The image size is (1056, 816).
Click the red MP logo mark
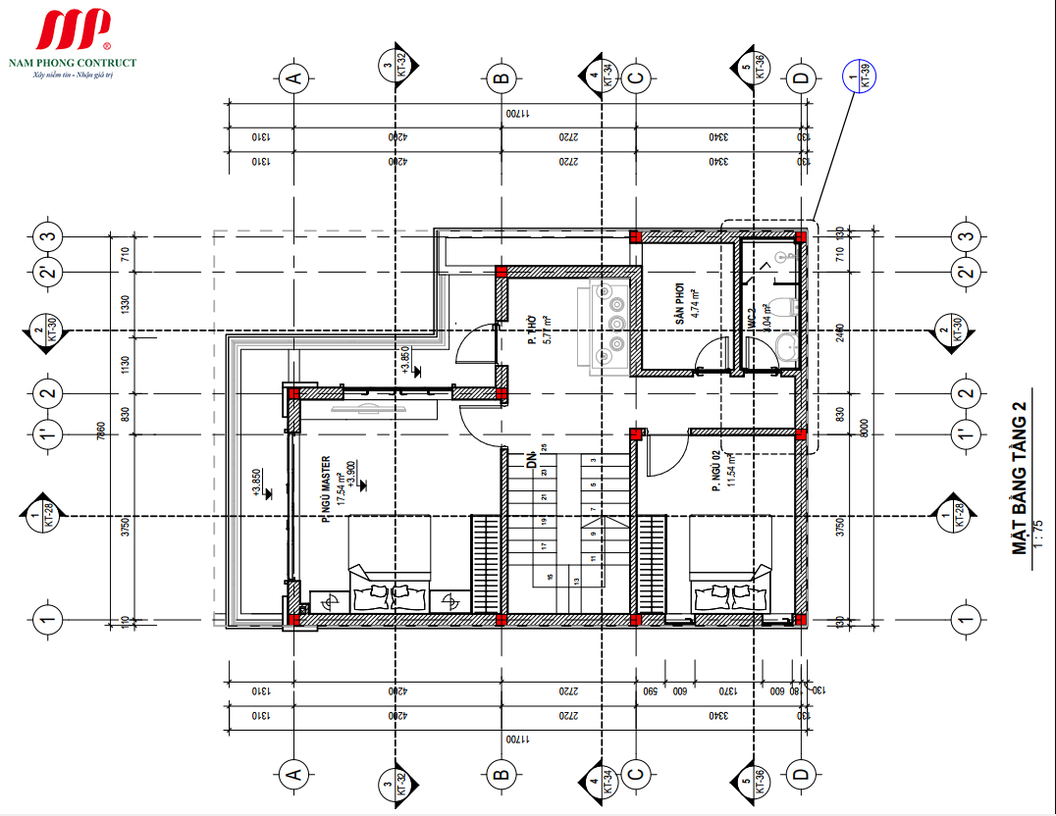(x=75, y=31)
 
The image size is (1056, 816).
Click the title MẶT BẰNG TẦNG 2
(x=1021, y=484)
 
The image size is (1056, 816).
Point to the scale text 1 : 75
(x=1039, y=529)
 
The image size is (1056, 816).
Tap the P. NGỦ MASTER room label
(x=327, y=489)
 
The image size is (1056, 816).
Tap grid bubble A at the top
(x=291, y=77)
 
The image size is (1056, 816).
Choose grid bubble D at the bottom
(x=802, y=775)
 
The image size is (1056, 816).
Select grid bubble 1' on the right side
(x=966, y=433)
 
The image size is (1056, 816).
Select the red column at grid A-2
(x=292, y=393)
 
